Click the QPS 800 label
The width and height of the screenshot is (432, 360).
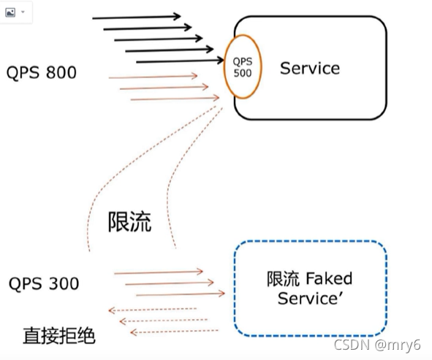coord(41,72)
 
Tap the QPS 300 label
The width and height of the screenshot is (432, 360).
coord(44,283)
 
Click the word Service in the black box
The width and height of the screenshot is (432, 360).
coord(310,69)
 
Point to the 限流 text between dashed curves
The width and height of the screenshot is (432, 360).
coord(130,221)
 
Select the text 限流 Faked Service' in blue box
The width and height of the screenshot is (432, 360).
coord(309,288)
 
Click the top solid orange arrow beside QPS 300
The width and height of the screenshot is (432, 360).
coord(158,272)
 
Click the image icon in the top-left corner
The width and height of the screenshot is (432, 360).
coord(9,11)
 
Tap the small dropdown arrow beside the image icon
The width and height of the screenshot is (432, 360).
coord(23,12)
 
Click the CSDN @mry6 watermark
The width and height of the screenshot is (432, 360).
coord(378,342)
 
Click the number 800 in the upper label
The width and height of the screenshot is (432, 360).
coord(63,72)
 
